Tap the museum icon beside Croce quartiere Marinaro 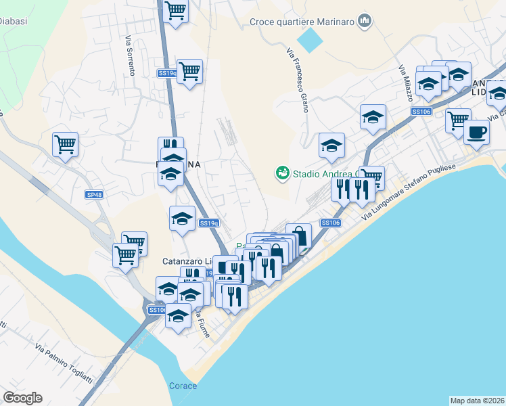(365, 22)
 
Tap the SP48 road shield (95, 195)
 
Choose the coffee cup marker (477, 131)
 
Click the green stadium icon (282, 174)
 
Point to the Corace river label (183, 386)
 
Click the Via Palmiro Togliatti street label (67, 369)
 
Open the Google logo (22, 398)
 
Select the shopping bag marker (298, 236)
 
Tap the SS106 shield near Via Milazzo (421, 112)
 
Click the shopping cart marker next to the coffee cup (458, 120)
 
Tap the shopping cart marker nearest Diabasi (66, 143)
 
